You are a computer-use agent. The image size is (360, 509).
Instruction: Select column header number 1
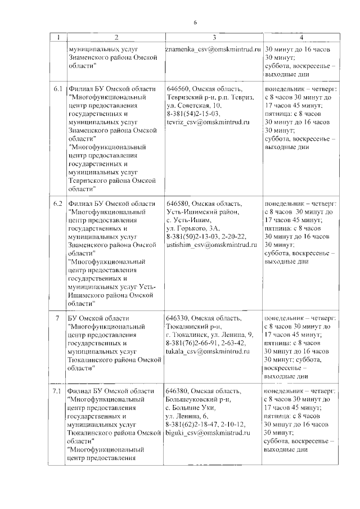tap(58, 37)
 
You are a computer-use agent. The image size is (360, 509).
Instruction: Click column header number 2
tap(115, 37)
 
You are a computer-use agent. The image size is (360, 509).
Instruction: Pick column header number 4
tap(301, 37)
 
